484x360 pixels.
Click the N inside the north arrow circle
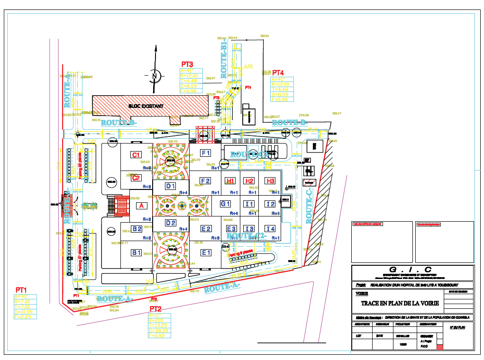(x=154, y=75)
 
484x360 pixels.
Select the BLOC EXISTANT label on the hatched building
(x=146, y=106)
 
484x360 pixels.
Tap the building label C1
(x=136, y=155)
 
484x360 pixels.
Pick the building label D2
(x=171, y=223)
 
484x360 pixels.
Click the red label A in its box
(x=140, y=206)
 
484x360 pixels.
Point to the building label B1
(x=137, y=252)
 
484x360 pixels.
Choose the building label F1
(x=205, y=153)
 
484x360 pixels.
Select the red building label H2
(x=249, y=181)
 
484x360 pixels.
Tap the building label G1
(x=225, y=204)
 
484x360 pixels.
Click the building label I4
(x=270, y=229)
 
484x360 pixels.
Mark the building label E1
(x=206, y=252)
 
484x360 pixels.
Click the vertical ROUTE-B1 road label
(x=224, y=59)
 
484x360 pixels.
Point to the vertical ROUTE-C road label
(x=310, y=206)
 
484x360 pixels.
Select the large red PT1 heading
(x=21, y=289)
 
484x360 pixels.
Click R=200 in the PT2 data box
(x=156, y=320)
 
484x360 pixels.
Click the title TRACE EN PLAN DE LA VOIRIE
(x=400, y=303)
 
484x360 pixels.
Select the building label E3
(x=231, y=229)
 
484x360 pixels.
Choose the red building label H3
(x=270, y=181)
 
